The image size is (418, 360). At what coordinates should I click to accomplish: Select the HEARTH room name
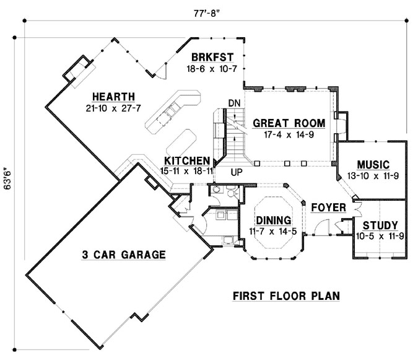click(x=113, y=97)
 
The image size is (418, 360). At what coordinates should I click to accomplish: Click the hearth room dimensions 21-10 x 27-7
click(x=113, y=108)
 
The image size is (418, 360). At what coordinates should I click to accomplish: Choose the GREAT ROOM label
click(x=284, y=123)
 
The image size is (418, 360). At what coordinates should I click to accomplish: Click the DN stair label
click(x=234, y=103)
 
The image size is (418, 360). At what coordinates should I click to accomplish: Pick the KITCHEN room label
click(x=187, y=160)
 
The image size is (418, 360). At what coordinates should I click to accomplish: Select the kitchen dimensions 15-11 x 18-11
click(x=187, y=170)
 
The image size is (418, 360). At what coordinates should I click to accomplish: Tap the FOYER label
click(x=328, y=207)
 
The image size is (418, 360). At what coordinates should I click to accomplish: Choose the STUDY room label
click(x=380, y=225)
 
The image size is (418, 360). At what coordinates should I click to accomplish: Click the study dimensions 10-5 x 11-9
click(x=380, y=235)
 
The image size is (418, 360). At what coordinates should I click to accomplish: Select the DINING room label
click(x=274, y=220)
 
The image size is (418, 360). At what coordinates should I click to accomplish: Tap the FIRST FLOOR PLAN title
click(x=286, y=296)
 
